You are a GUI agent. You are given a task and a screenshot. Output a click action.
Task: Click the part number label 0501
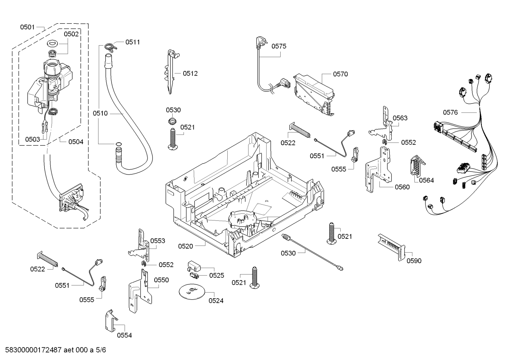[x=27, y=27]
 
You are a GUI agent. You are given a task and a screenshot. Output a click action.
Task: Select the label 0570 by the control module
[x=340, y=74]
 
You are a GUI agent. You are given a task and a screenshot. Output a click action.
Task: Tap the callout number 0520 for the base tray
[x=185, y=246]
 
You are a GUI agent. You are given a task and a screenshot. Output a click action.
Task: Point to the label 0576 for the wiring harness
[x=450, y=112]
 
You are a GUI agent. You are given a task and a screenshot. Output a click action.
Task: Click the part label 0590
[x=414, y=261]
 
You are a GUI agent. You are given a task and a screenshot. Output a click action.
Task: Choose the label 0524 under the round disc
[x=216, y=301]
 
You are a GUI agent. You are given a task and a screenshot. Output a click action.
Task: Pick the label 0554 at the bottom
[x=124, y=335]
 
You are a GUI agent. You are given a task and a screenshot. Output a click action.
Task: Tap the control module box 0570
[x=314, y=94]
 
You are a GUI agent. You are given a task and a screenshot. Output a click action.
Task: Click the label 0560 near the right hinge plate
[x=402, y=187]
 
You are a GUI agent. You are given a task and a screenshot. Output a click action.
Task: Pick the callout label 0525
[x=216, y=275]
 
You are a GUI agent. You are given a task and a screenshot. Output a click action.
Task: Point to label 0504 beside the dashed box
[x=76, y=142]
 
